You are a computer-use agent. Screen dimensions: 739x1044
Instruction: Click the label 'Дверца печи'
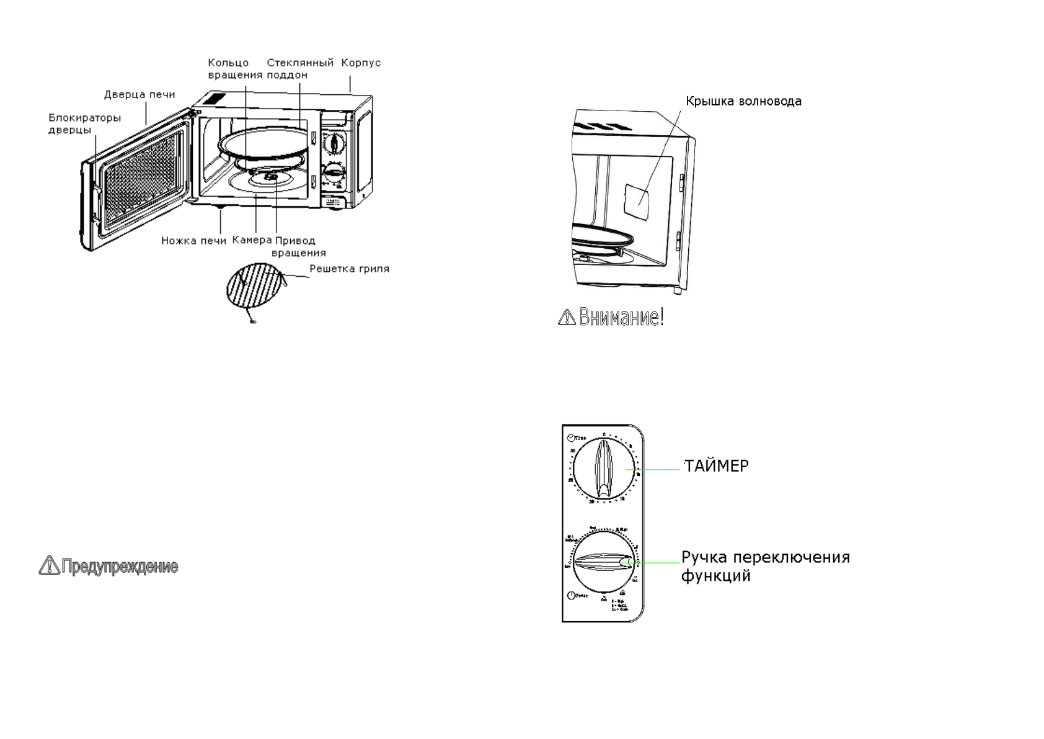click(x=139, y=95)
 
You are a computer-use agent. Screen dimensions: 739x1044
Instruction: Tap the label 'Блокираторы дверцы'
click(x=84, y=123)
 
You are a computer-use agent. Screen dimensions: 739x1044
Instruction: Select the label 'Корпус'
click(x=361, y=63)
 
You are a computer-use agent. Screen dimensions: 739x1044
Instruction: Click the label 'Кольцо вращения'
click(x=235, y=68)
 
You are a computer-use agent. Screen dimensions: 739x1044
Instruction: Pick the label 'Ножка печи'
click(x=193, y=241)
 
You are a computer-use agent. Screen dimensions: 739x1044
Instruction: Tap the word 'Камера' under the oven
click(x=252, y=240)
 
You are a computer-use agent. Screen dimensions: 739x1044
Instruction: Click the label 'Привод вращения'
click(x=297, y=246)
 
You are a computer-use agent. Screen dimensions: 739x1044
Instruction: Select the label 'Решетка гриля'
click(x=349, y=269)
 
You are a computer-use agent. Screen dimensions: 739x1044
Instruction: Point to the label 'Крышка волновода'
click(x=743, y=101)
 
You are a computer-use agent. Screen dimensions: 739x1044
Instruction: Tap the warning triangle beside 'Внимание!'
click(x=567, y=318)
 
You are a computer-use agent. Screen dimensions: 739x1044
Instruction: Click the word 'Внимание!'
click(x=621, y=317)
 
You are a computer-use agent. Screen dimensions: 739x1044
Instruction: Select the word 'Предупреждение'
click(x=120, y=567)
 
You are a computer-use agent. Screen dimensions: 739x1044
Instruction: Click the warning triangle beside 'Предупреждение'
click(x=48, y=565)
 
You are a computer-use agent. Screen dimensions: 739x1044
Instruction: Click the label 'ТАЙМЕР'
click(x=717, y=466)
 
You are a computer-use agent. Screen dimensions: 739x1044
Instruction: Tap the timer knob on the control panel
click(x=604, y=470)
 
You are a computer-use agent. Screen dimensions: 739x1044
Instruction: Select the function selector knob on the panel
click(x=604, y=563)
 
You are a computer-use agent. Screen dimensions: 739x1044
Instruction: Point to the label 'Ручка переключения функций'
click(x=765, y=566)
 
